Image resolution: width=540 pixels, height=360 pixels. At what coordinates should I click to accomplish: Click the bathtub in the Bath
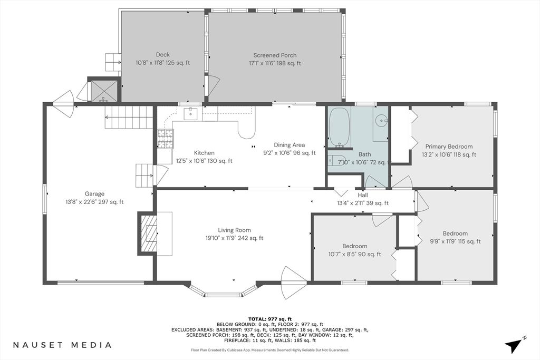coord(340,127)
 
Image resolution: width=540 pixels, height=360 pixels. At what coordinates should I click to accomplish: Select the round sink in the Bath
coord(380,119)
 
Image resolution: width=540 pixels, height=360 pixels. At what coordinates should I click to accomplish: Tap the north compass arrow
coord(515,345)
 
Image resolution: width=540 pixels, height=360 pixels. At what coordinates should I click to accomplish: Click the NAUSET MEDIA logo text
coord(63,345)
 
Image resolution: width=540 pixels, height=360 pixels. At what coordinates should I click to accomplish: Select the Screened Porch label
coord(275,55)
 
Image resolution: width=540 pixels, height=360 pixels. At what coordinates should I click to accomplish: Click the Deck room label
coord(162,55)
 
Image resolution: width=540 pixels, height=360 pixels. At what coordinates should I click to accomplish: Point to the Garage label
coord(94,193)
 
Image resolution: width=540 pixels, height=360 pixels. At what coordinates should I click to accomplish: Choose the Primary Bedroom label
coord(449,147)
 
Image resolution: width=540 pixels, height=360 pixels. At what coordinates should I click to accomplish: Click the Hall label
coord(363,195)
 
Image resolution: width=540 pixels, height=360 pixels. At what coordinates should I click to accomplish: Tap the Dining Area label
coord(289,145)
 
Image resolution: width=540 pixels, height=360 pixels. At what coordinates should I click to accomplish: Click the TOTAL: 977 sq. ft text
coord(269,319)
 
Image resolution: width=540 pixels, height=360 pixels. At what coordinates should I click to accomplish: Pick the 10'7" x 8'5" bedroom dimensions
coord(354,254)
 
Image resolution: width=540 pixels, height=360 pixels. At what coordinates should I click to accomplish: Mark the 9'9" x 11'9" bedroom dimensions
coord(455,241)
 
